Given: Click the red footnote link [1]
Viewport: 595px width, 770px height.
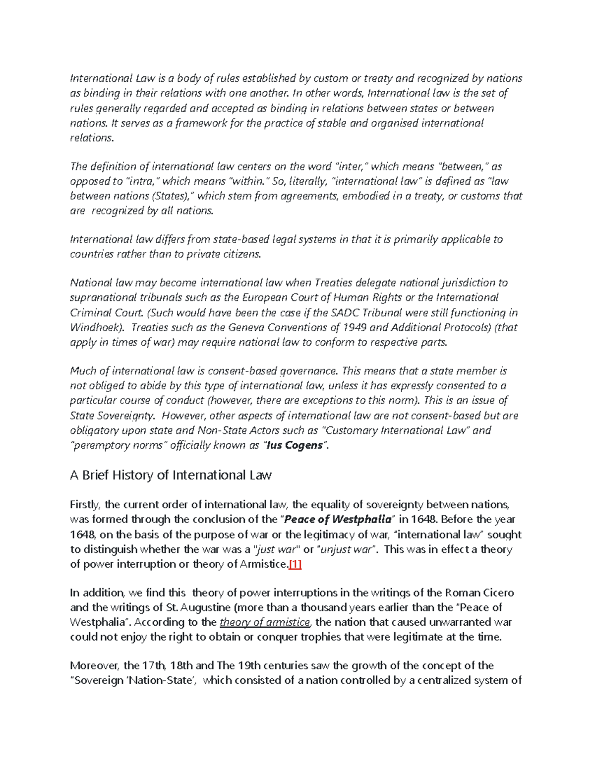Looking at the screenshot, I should (x=295, y=564).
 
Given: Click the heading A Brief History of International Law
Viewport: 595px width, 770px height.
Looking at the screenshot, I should (x=171, y=475).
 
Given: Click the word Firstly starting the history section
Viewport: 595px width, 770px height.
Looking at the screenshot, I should (x=86, y=505).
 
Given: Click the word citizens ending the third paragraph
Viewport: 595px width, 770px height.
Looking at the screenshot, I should (x=241, y=254).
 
